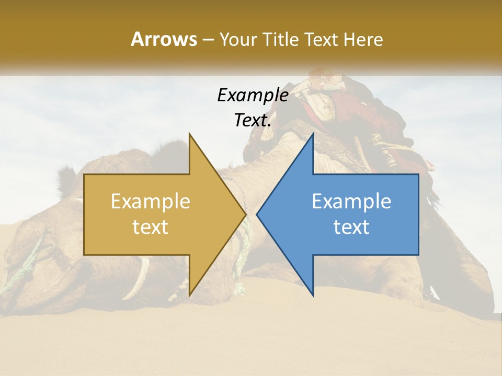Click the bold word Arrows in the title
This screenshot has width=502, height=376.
point(164,39)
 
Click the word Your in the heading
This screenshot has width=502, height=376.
point(236,39)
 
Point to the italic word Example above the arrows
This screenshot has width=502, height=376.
point(253,95)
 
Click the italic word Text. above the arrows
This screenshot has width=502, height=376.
point(253,121)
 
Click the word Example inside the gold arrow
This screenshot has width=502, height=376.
point(151,202)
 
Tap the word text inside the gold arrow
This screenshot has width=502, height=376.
point(151,227)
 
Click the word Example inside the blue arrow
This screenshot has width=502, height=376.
point(351,202)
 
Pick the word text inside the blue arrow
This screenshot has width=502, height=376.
point(351,227)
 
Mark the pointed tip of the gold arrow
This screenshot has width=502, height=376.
point(244,214)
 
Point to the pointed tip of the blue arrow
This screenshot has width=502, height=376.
point(258,214)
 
